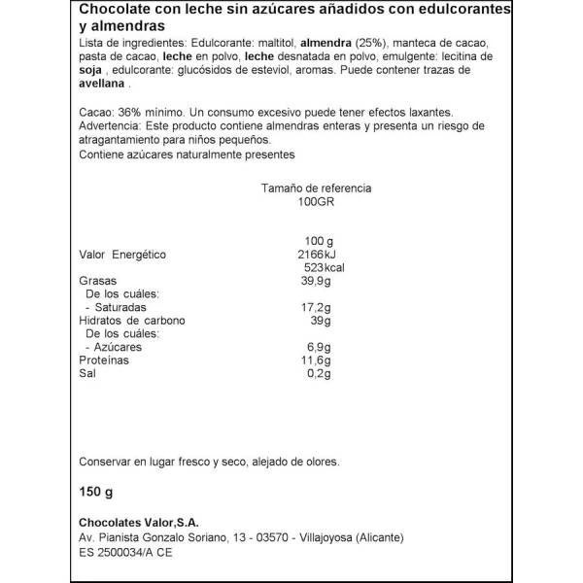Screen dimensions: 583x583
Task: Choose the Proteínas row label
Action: pyautogui.click(x=105, y=360)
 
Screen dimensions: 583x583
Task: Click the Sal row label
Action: pyautogui.click(x=87, y=374)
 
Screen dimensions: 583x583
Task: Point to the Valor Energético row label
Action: pyautogui.click(x=122, y=255)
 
